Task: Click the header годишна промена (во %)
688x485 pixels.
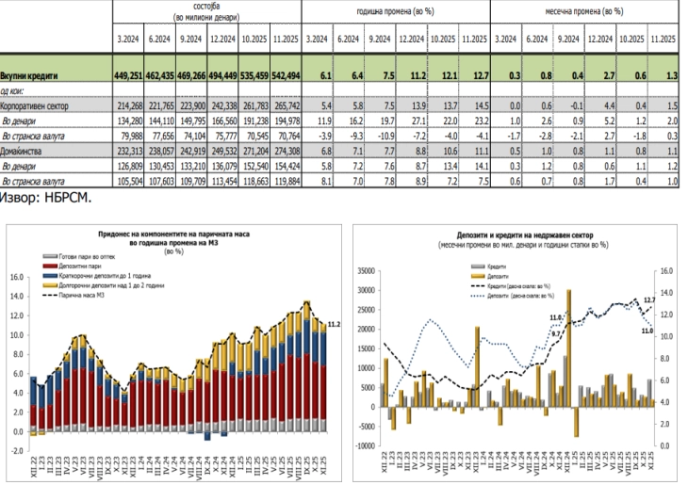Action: click(x=396, y=12)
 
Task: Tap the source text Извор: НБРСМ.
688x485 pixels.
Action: click(x=45, y=200)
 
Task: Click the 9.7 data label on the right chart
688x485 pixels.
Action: click(x=556, y=333)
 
